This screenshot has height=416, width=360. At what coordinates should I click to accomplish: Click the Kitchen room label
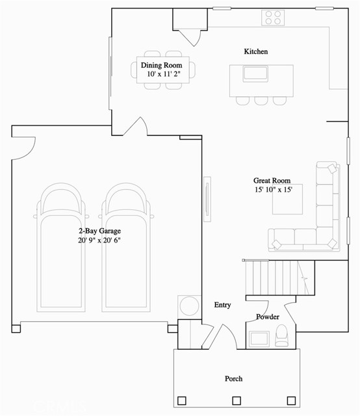coord(255,51)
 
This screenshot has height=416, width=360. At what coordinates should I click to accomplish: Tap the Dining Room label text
coord(161,66)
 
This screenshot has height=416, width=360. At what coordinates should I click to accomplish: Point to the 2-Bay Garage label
coord(99,231)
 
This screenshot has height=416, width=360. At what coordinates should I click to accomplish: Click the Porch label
coord(233,378)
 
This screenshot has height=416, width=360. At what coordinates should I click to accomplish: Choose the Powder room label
coord(268,317)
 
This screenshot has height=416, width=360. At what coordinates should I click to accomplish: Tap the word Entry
coord(222,305)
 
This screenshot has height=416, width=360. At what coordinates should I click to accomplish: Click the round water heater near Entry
coord(188,305)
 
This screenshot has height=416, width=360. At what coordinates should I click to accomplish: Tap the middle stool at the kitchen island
coord(261,101)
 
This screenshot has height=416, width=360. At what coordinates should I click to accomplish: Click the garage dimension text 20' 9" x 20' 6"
coord(99,240)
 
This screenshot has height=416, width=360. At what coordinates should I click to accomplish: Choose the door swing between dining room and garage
coord(137,127)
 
